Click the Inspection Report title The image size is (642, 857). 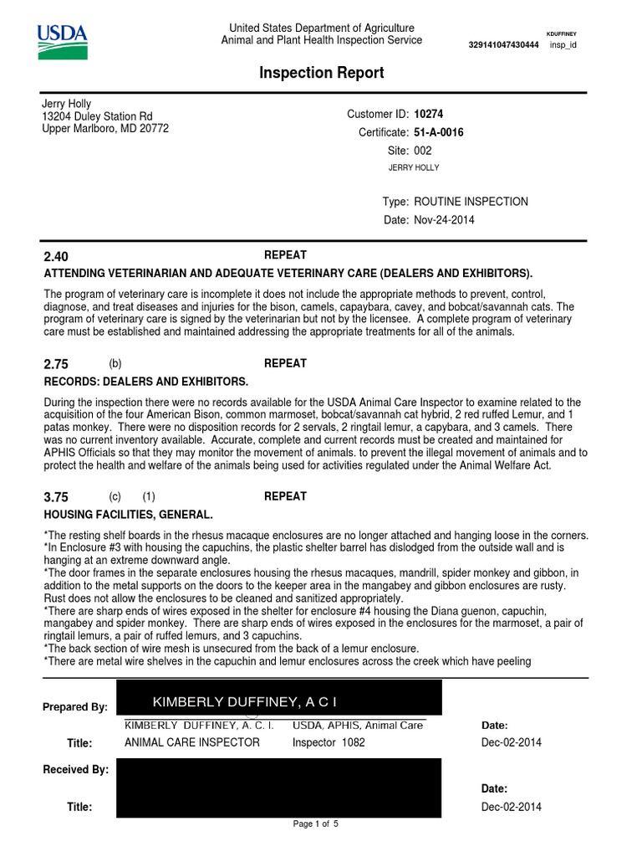[x=322, y=73]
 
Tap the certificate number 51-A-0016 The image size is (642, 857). [x=439, y=132]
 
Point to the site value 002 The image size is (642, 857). [x=423, y=151]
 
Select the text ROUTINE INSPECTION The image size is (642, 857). [x=471, y=202]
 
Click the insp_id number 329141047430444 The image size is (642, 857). [x=504, y=44]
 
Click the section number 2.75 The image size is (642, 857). [x=55, y=365]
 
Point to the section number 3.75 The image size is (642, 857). [x=55, y=497]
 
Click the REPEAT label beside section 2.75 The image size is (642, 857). [x=285, y=363]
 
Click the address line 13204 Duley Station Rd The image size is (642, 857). [x=97, y=116]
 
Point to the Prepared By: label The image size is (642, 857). [x=75, y=707]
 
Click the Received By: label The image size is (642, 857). [x=75, y=769]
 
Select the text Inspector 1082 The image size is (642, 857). [x=329, y=742]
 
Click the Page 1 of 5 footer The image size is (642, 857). [x=315, y=824]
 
